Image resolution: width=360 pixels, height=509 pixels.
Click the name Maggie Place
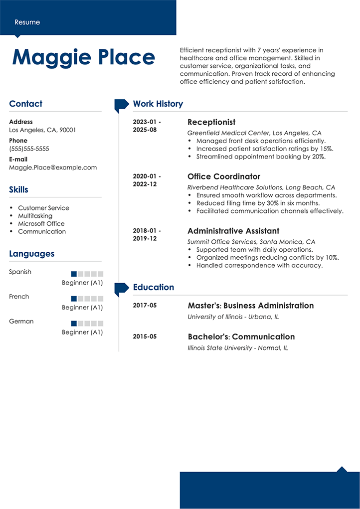coord(83,57)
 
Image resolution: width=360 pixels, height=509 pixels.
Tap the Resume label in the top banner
coord(27,22)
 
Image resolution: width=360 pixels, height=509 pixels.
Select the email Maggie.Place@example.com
coord(53,168)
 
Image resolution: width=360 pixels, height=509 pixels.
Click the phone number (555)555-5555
coord(29,149)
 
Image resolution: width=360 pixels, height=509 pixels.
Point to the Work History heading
coord(158,104)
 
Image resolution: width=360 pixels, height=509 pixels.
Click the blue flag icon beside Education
coord(121,288)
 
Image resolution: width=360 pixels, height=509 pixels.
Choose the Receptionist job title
coord(211,122)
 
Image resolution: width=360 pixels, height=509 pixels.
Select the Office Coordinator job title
coord(223,176)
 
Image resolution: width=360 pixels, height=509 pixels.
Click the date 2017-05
coord(145,305)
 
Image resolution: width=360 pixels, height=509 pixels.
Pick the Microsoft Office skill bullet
coord(41,223)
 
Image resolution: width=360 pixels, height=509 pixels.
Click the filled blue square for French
coord(74,299)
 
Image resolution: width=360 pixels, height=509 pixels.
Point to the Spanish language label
coord(20,272)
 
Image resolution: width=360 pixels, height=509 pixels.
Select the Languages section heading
coord(31,254)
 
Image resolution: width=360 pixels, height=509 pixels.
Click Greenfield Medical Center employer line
coord(254,133)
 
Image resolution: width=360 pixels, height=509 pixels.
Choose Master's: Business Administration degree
coord(250,306)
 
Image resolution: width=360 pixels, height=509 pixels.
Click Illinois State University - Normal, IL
coord(237,348)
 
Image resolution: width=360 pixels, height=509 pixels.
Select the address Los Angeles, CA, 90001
coord(42,130)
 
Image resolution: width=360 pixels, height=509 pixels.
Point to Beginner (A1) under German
coord(82,332)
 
